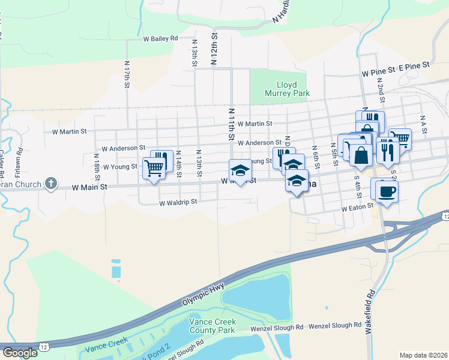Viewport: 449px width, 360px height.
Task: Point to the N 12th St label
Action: click(213, 50)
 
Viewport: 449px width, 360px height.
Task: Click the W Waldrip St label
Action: click(178, 203)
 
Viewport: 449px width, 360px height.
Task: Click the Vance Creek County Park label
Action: click(212, 326)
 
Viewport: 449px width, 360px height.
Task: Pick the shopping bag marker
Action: click(361, 155)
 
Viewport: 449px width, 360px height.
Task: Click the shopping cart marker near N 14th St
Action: click(154, 167)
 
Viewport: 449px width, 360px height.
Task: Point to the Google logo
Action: click(20, 353)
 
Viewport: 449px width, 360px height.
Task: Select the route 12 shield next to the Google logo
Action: click(45, 347)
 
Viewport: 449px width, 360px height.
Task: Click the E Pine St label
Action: click(415, 64)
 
